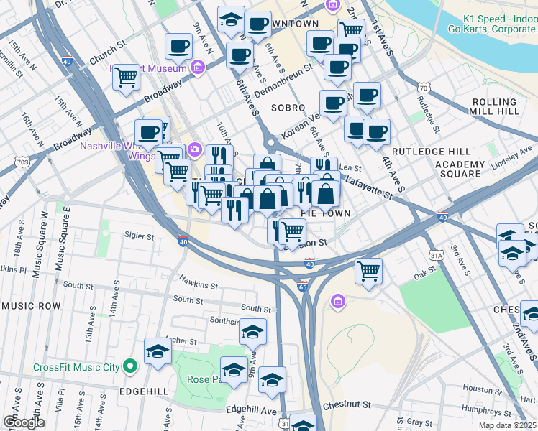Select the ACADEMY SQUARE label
460,168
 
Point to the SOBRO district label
288,107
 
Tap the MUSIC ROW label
31,306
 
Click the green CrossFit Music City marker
129,367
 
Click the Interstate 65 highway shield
303,287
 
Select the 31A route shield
437,254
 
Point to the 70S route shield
23,162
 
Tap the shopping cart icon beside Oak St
368,271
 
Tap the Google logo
24,422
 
